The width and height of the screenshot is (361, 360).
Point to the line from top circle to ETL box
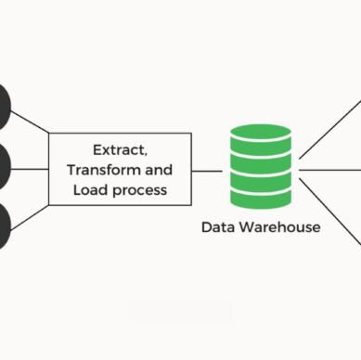pyautogui.click(x=31, y=120)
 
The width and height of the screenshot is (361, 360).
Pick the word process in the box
pyautogui.click(x=143, y=190)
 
